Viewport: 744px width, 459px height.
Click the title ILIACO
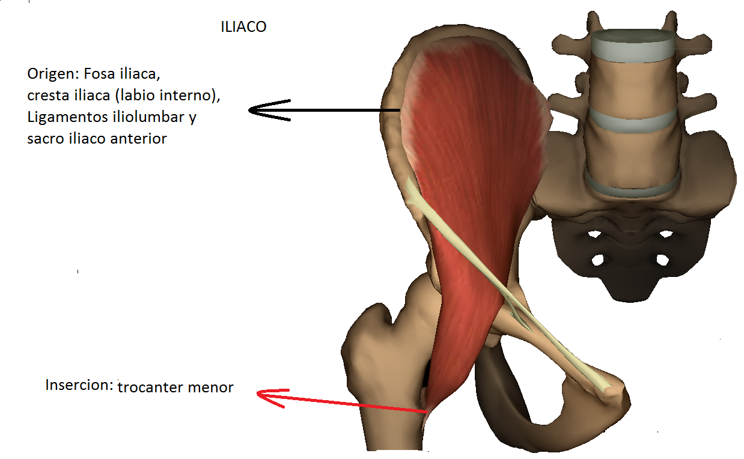[x=243, y=28]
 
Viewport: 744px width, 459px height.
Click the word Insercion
[x=79, y=385]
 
